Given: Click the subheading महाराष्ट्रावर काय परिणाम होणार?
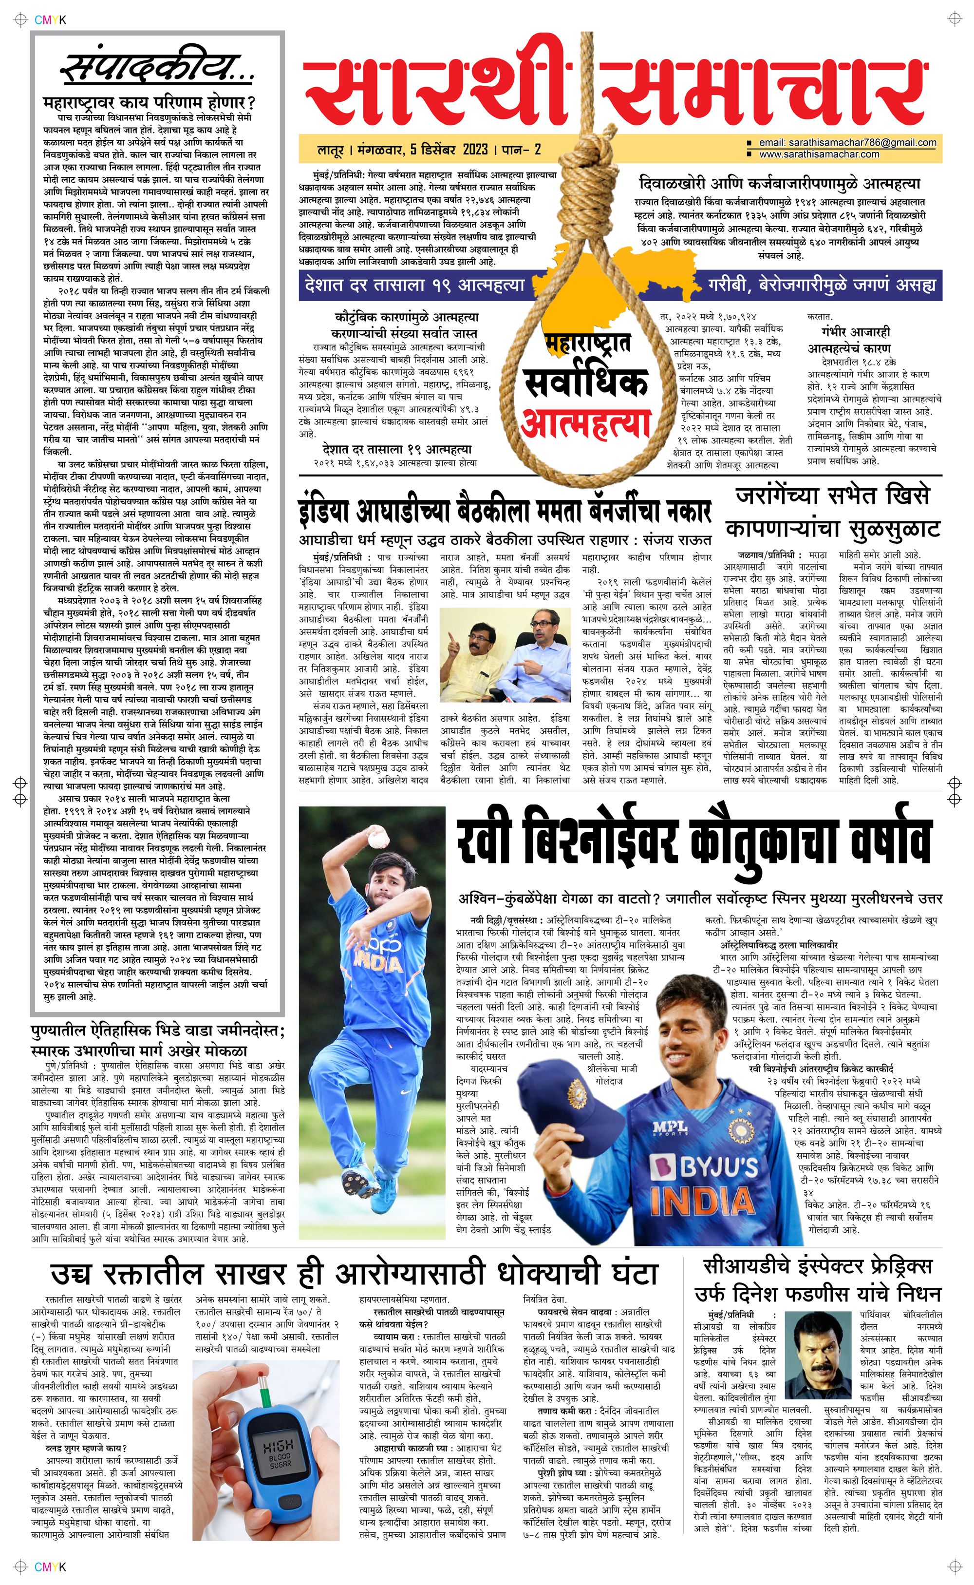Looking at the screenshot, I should (150, 103).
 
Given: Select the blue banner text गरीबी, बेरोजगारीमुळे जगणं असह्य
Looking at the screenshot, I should (822, 285).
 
